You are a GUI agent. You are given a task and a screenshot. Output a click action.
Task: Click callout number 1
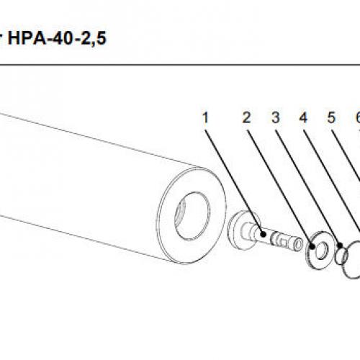tap(206, 117)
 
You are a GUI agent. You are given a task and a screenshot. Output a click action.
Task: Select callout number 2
tap(246, 117)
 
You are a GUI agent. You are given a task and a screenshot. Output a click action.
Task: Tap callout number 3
tap(275, 117)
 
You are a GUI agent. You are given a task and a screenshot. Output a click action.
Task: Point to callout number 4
tap(303, 117)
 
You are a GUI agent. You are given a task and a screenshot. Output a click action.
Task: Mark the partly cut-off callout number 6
tap(356, 117)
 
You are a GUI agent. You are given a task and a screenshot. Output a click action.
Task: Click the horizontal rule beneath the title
tap(180, 66)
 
